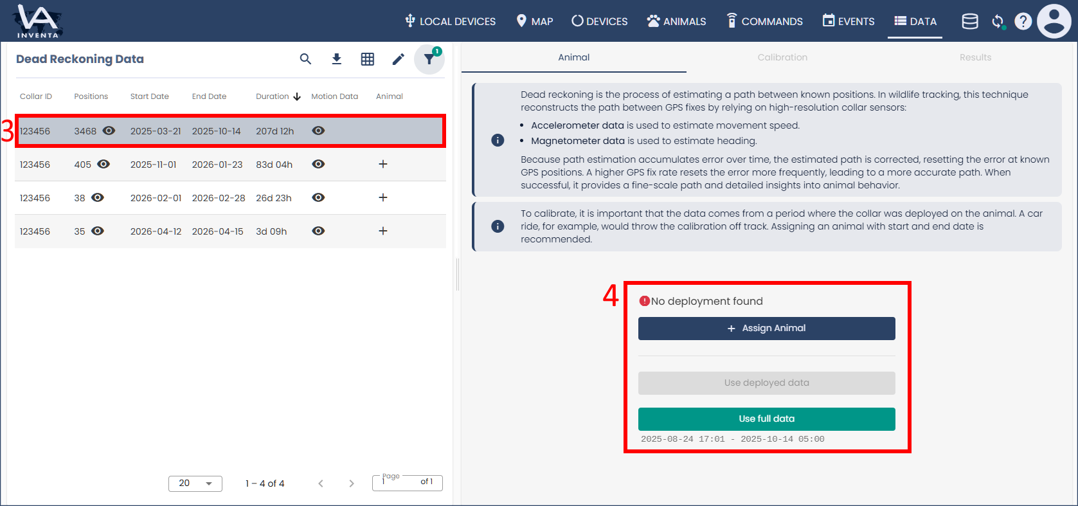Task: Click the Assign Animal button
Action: pyautogui.click(x=767, y=329)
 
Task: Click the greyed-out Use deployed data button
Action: pyautogui.click(x=767, y=383)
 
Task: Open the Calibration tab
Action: pyautogui.click(x=782, y=57)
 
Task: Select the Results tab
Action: pyautogui.click(x=975, y=57)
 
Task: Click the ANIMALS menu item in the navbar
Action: pyautogui.click(x=677, y=21)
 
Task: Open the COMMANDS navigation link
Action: pyautogui.click(x=765, y=21)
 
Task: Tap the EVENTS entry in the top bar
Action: pyautogui.click(x=849, y=21)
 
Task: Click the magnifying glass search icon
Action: pyautogui.click(x=305, y=59)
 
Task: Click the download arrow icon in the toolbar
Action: pyautogui.click(x=337, y=59)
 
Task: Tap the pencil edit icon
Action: pyautogui.click(x=398, y=59)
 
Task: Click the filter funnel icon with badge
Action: pyautogui.click(x=429, y=59)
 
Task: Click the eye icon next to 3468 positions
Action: pyautogui.click(x=109, y=131)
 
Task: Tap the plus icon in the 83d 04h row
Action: pyautogui.click(x=383, y=164)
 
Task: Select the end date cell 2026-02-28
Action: pyautogui.click(x=219, y=198)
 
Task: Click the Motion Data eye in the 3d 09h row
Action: pyautogui.click(x=318, y=231)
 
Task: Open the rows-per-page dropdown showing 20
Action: pyautogui.click(x=195, y=483)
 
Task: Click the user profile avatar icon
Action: pyautogui.click(x=1054, y=21)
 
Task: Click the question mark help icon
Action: pyautogui.click(x=1023, y=21)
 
